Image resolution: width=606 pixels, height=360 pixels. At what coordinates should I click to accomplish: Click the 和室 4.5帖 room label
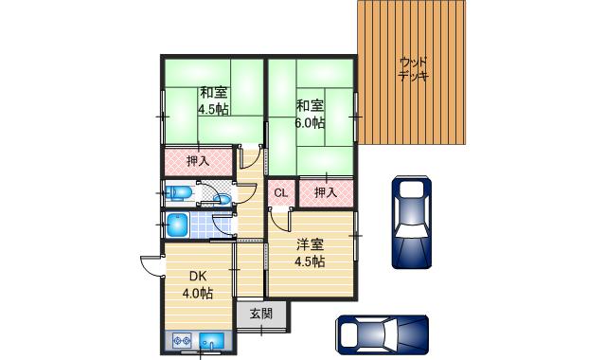click(212, 100)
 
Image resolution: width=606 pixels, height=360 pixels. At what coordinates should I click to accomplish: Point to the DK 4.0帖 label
click(197, 284)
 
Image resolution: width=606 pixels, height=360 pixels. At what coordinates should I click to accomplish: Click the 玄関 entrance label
click(261, 315)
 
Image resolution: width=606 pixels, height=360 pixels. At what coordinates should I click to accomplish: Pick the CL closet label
click(280, 193)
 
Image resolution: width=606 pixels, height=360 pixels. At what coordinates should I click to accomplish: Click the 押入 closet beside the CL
click(326, 193)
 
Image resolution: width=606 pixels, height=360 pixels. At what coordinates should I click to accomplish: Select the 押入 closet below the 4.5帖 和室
click(198, 161)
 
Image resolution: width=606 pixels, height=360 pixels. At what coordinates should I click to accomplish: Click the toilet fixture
click(180, 194)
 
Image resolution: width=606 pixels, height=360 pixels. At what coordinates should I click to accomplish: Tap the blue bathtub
click(177, 225)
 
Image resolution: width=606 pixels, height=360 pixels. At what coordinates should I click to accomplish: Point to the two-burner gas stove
click(183, 340)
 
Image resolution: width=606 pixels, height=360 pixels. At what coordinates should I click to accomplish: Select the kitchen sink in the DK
click(212, 340)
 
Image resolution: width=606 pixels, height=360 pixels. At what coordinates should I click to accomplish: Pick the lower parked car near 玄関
click(382, 333)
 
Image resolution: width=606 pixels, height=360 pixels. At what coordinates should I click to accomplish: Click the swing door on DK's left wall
click(149, 266)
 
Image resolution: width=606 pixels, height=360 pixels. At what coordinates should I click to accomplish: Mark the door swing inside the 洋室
click(276, 221)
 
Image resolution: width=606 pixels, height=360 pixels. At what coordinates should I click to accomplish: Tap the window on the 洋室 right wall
click(356, 233)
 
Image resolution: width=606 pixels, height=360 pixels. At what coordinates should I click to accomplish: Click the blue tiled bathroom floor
click(203, 226)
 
